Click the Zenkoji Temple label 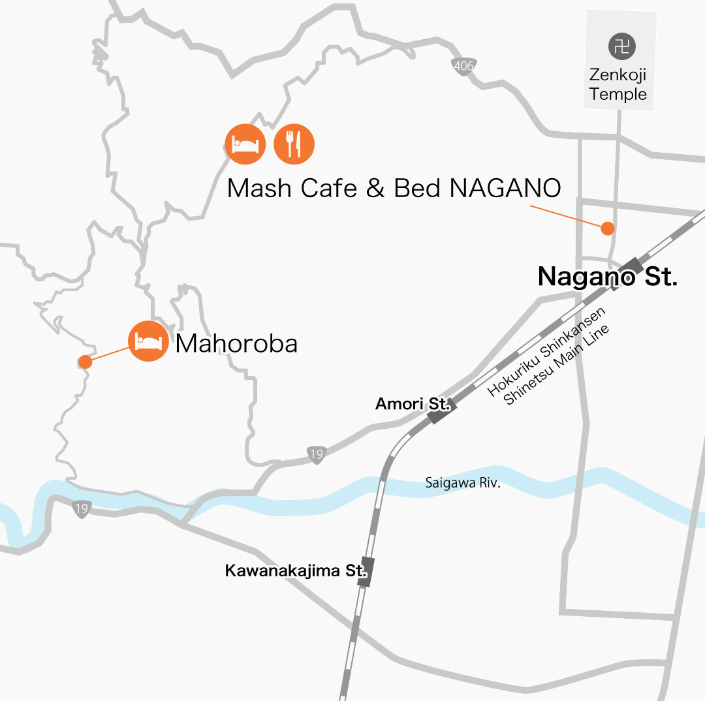coord(618,85)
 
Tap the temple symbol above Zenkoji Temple coord(621,46)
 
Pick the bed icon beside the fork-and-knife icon coord(245,144)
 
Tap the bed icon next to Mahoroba coord(148,341)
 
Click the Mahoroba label coord(236,343)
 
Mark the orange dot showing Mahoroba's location coord(85,361)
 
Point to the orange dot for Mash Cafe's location coord(608,228)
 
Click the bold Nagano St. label coord(607,277)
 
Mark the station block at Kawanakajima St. coord(367,572)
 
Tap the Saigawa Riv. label coord(462,484)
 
